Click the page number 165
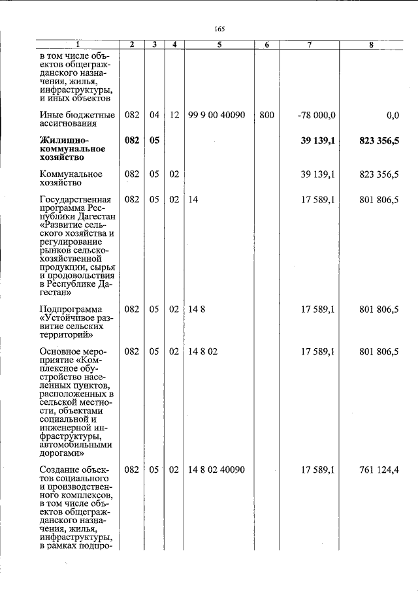click(x=219, y=28)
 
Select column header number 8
click(x=370, y=44)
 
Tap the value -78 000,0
click(x=316, y=115)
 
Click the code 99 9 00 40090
click(x=216, y=115)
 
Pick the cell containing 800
click(x=266, y=115)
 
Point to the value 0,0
click(x=392, y=115)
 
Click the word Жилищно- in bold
click(x=63, y=140)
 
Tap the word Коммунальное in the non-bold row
click(x=71, y=174)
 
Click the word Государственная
click(x=75, y=199)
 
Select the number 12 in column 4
click(x=174, y=115)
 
